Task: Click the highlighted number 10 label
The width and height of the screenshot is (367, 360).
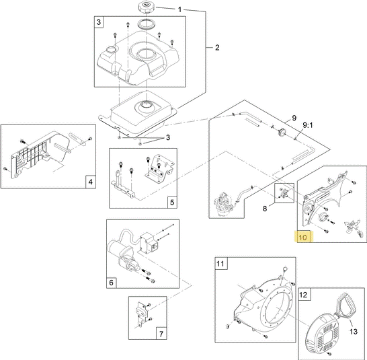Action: click(x=302, y=238)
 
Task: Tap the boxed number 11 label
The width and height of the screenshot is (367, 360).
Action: click(x=220, y=264)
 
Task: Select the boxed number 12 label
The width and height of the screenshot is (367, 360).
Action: click(x=303, y=295)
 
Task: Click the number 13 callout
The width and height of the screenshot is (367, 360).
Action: click(x=354, y=332)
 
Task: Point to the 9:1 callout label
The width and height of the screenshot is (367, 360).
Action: click(x=308, y=125)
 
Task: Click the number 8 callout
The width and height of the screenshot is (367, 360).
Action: click(x=265, y=209)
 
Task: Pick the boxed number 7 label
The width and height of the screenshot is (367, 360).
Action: click(x=161, y=334)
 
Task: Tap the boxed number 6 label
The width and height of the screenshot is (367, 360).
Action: click(x=111, y=283)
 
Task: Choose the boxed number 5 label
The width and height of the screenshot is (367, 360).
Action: click(x=172, y=203)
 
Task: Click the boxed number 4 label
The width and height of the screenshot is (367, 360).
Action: click(x=91, y=182)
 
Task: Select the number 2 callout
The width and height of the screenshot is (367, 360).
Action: click(x=217, y=48)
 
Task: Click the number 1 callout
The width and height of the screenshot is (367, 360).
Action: click(x=179, y=9)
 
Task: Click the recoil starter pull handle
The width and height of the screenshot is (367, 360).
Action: click(x=345, y=305)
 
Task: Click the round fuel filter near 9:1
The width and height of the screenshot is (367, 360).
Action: click(x=282, y=132)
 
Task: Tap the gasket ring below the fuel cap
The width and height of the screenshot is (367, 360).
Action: click(x=146, y=24)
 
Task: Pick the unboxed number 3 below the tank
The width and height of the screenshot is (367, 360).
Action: click(x=168, y=137)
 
